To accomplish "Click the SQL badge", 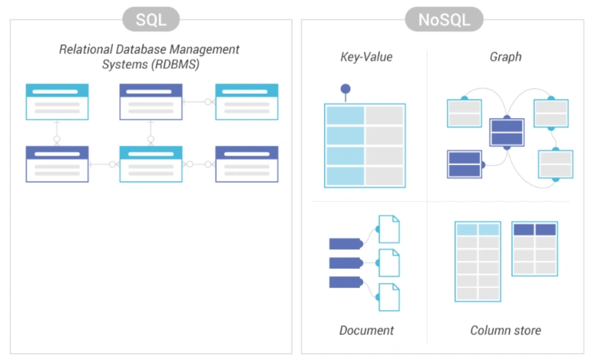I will pos(151,19).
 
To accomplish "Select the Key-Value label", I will pos(366,57).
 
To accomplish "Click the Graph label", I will pos(505,57).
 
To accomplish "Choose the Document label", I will pos(366,331).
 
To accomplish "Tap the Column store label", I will pos(505,331).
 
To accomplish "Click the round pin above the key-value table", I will pos(345,89).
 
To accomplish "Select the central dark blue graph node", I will pos(507,132).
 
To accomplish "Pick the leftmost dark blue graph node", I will pos(464,163).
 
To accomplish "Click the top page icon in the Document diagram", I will pos(389,229).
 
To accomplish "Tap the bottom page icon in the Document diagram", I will pos(389,297).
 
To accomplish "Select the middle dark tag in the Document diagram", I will pos(345,263).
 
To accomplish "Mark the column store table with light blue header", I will pos(478,261).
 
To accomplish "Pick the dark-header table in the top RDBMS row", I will pos(150,101).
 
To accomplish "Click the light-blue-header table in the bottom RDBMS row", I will pos(150,163).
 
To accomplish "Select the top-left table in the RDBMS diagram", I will pos(57,101).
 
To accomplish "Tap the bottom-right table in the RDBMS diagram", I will pos(246,163).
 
